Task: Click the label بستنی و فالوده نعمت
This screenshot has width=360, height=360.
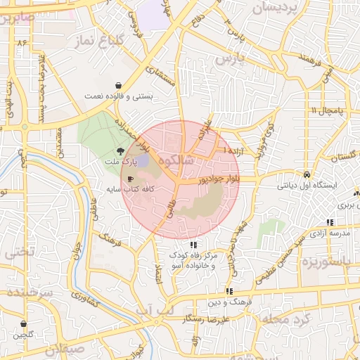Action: (116, 95)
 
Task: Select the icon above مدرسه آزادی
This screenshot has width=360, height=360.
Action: (330, 222)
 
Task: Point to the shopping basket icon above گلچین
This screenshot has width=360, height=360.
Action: (24, 324)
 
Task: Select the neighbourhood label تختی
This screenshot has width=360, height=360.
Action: (18, 252)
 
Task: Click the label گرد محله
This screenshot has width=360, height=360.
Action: (284, 319)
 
